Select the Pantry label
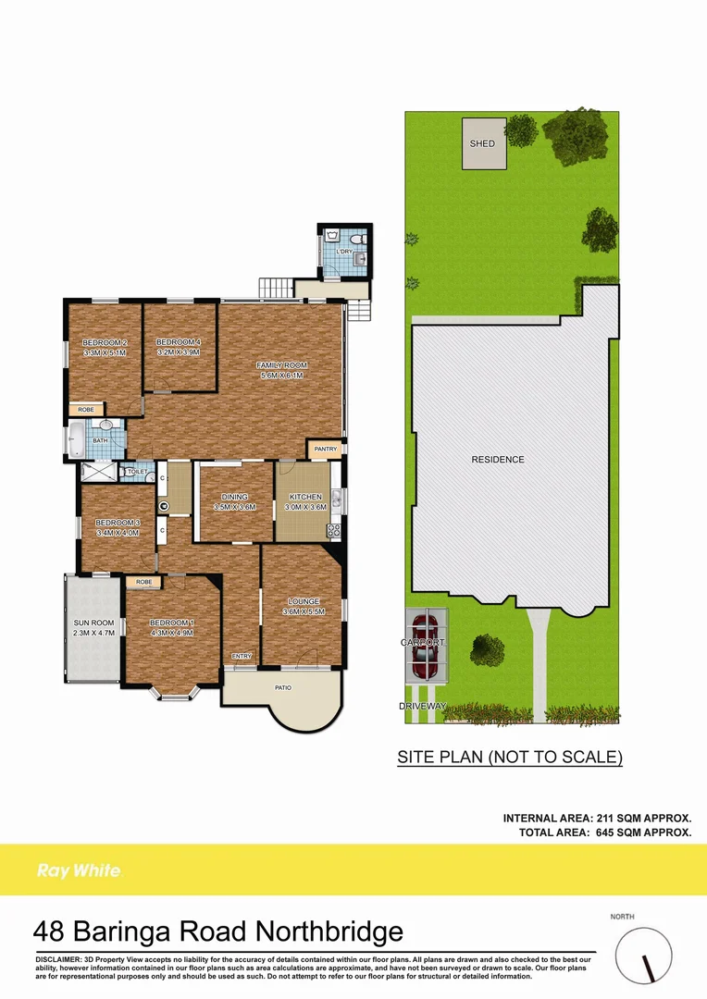[x=325, y=449]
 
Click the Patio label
[x=284, y=687]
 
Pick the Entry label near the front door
[x=242, y=656]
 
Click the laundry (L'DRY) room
[x=344, y=251]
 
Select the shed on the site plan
[x=483, y=144]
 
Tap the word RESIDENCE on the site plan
[x=498, y=460]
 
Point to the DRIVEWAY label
[x=422, y=706]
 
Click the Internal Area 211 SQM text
[x=597, y=818]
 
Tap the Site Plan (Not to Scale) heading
[x=510, y=757]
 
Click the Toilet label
[x=137, y=472]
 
